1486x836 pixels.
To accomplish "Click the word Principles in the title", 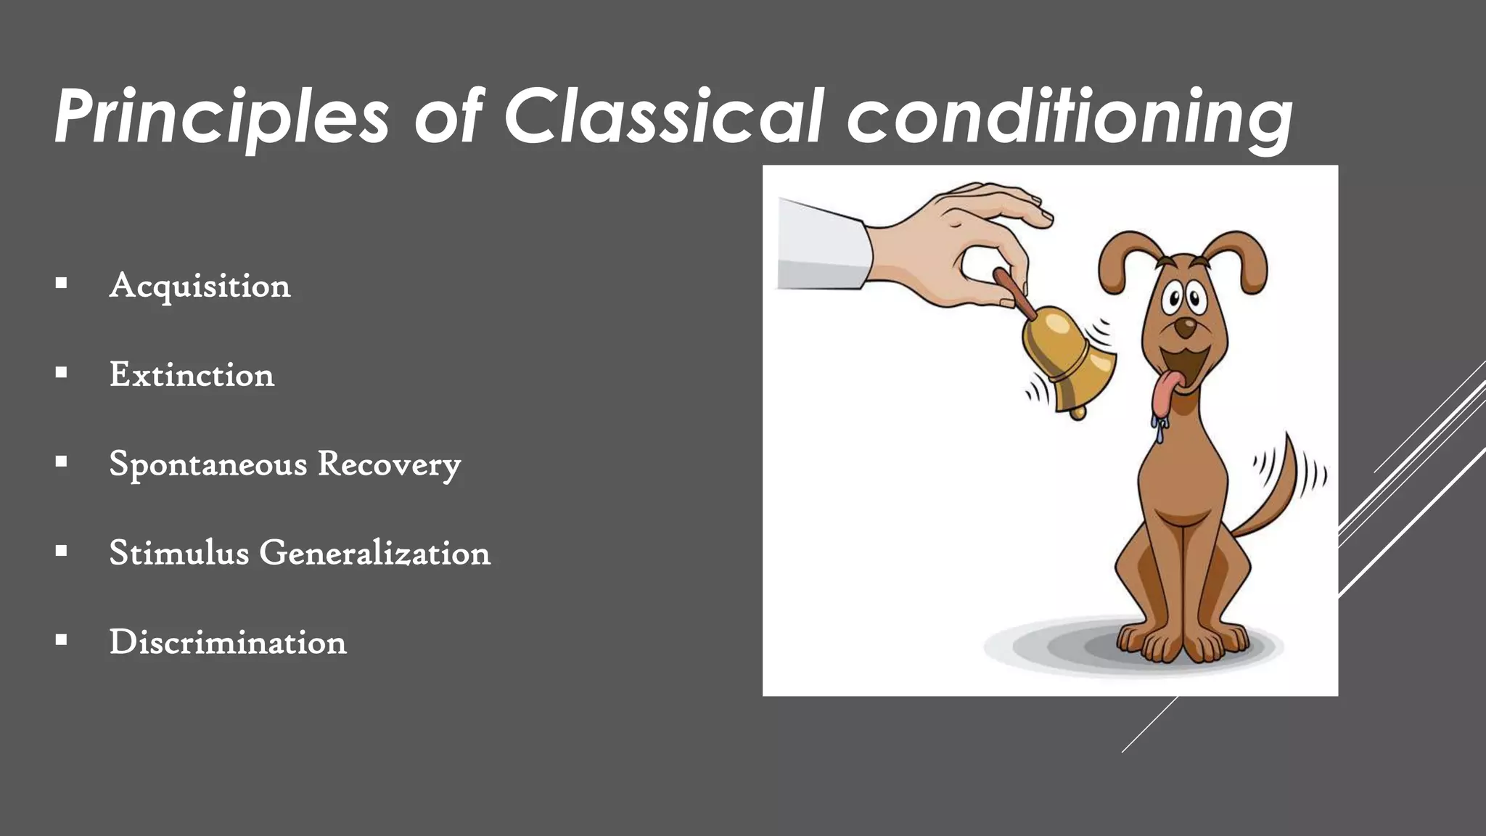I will (221, 116).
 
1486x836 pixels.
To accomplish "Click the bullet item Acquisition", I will (200, 286).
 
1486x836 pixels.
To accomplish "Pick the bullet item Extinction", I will (192, 375).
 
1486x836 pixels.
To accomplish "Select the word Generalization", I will (374, 553).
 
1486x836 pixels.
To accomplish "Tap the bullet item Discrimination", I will (228, 642).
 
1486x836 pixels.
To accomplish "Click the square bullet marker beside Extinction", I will (61, 373).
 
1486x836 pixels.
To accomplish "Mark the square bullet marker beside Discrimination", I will (61, 640).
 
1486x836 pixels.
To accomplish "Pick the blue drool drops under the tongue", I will (1158, 428).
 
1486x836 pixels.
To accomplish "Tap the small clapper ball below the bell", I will (1078, 413).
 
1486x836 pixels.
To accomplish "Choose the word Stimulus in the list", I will (179, 553).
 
